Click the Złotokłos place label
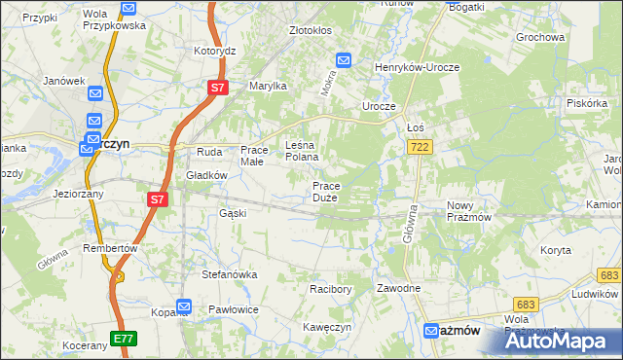point(311,30)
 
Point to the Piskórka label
point(587,102)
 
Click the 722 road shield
point(420,146)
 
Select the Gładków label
point(206,175)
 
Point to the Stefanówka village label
point(229,274)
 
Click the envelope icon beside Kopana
point(185,306)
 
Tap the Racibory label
point(330,289)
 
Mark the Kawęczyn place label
point(326,327)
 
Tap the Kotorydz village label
point(215,51)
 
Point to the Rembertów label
point(110,248)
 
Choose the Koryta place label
point(556,250)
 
